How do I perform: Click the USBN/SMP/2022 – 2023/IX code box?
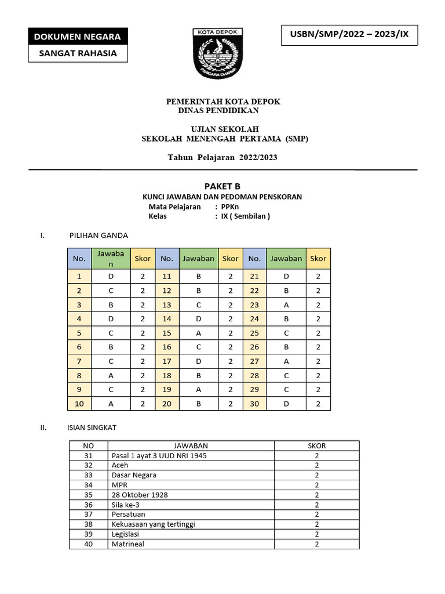point(348,34)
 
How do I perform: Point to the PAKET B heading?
point(222,186)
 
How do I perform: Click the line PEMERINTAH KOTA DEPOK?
point(223,102)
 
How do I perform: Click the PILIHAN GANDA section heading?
point(99,236)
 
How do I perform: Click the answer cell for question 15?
point(198,333)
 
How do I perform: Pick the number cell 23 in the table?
point(254,305)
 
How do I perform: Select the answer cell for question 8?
point(111,375)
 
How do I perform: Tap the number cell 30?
point(254,404)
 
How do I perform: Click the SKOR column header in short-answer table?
point(316,445)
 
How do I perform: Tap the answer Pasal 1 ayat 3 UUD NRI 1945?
point(159,455)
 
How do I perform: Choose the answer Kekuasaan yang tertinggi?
point(153,524)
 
